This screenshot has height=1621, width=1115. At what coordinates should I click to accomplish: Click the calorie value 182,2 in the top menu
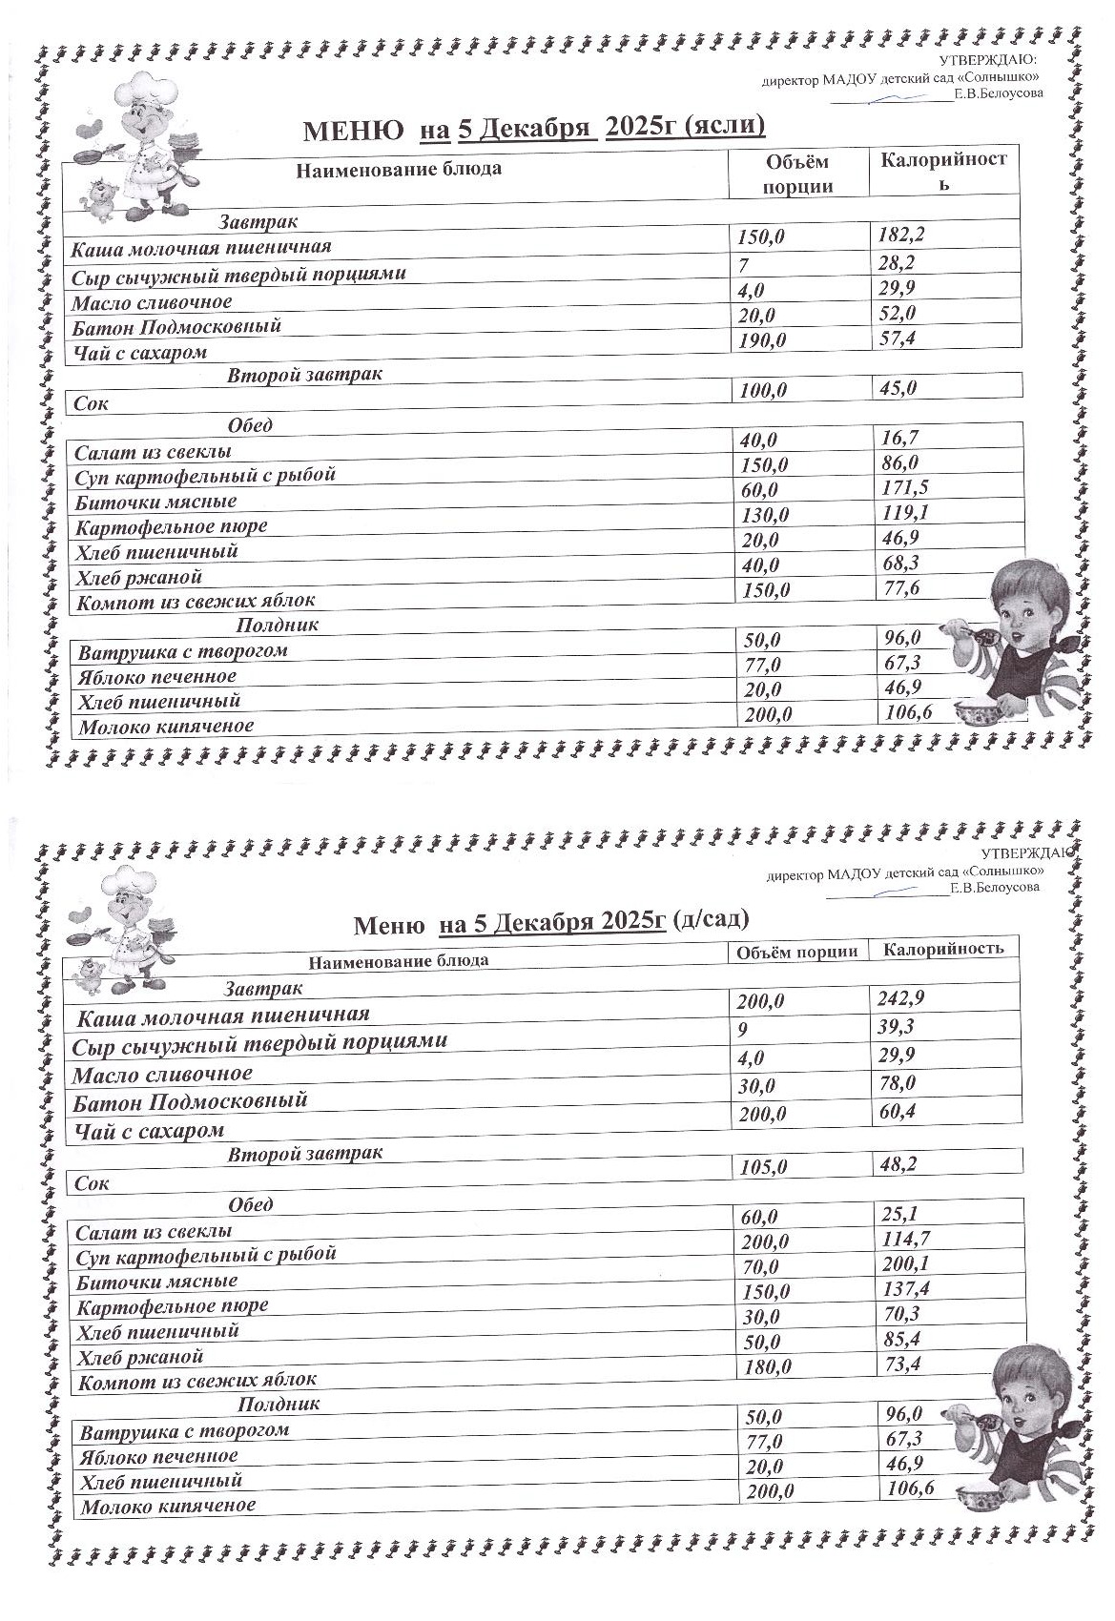pyautogui.click(x=900, y=235)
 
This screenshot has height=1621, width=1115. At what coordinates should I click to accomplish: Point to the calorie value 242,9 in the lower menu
pyautogui.click(x=900, y=999)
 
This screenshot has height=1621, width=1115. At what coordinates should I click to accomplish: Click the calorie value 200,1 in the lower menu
pyautogui.click(x=905, y=1264)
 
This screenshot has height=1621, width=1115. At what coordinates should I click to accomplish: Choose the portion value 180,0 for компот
pyautogui.click(x=767, y=1366)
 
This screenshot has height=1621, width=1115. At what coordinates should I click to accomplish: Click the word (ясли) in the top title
pyautogui.click(x=725, y=127)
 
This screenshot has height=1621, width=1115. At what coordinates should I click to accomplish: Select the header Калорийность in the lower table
pyautogui.click(x=943, y=949)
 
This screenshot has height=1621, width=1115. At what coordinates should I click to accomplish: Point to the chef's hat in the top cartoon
pyautogui.click(x=143, y=91)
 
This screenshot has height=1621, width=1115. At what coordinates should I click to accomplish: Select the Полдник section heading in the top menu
pyautogui.click(x=277, y=626)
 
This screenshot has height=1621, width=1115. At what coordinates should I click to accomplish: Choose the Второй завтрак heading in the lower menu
pyautogui.click(x=304, y=1154)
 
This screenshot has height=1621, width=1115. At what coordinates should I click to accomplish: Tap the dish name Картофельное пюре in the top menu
pyautogui.click(x=172, y=526)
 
